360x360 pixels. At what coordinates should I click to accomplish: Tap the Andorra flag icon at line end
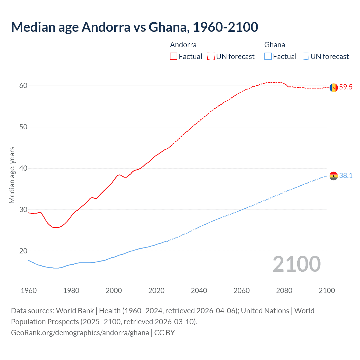(x=334, y=87)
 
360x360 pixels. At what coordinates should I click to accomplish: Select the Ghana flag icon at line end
(x=334, y=176)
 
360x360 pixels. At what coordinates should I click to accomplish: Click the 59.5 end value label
(x=346, y=87)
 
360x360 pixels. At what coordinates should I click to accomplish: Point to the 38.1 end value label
(x=346, y=176)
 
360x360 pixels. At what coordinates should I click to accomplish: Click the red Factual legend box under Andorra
(x=174, y=57)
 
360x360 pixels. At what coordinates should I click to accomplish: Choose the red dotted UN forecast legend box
(x=211, y=57)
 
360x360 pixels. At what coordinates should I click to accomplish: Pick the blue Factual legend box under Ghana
(x=268, y=57)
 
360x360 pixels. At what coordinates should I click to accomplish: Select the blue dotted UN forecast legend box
(x=305, y=57)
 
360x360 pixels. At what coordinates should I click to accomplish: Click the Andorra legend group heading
(x=183, y=45)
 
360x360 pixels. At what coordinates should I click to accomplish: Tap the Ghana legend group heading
(x=274, y=45)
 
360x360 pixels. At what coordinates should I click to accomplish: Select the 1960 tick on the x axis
(x=29, y=291)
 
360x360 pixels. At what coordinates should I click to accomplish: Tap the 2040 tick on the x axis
(x=199, y=291)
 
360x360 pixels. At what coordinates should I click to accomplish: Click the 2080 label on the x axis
(x=284, y=291)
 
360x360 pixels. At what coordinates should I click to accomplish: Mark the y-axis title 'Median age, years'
(x=12, y=175)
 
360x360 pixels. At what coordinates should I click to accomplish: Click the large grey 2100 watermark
(x=296, y=264)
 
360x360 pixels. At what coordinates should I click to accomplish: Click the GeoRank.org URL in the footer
(x=80, y=333)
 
